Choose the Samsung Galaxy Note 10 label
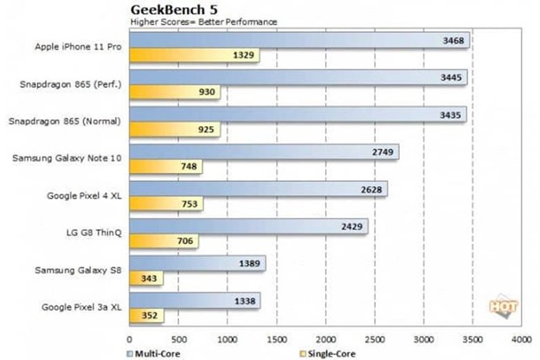67,158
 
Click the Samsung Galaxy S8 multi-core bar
197,263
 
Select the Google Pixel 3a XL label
77,306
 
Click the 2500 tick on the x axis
374,339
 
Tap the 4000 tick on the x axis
521,339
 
